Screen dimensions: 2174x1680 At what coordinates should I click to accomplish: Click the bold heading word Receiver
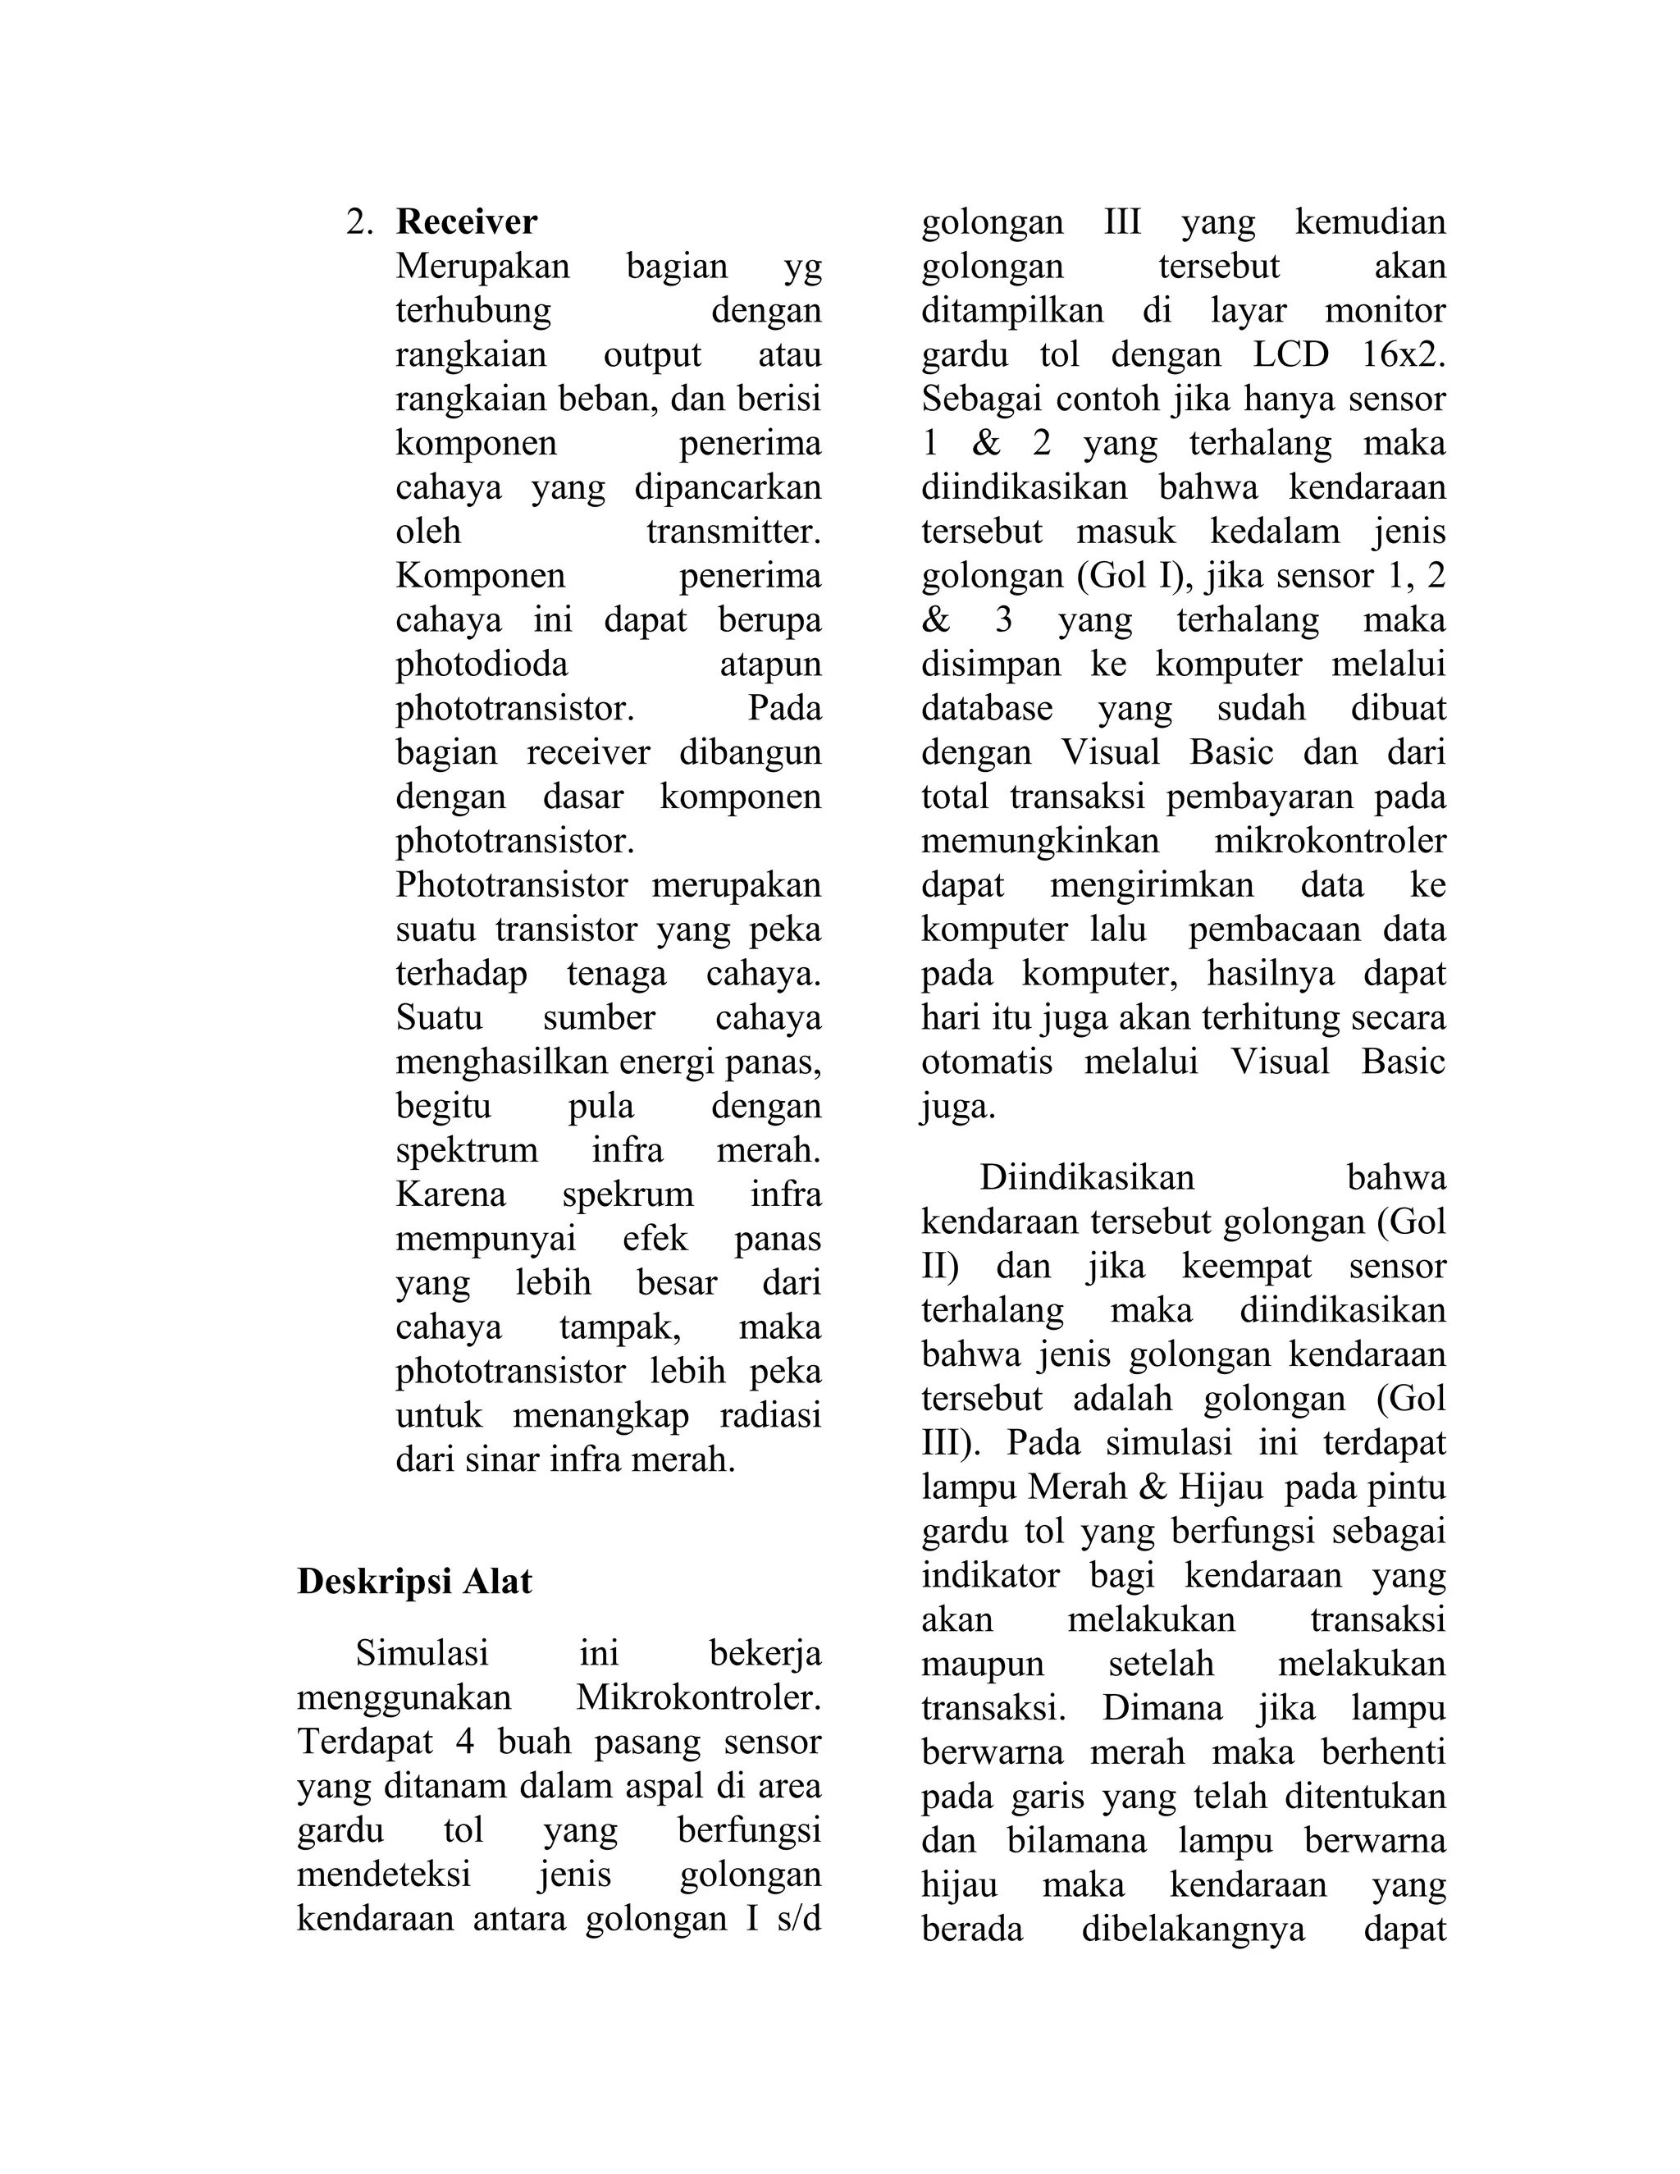466,222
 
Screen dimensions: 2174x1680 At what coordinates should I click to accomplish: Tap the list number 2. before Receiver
359,222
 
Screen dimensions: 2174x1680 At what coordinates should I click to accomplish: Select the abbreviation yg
801,267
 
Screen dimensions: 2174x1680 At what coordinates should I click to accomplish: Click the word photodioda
482,664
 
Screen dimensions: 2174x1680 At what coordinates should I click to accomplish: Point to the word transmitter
733,532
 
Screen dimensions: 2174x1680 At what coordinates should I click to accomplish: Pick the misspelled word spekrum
627,1194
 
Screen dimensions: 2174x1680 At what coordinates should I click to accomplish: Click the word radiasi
769,1414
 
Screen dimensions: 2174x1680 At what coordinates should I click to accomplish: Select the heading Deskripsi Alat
414,1582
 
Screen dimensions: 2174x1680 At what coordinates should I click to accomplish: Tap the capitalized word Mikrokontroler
699,1697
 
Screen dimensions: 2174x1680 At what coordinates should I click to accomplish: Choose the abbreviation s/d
797,1918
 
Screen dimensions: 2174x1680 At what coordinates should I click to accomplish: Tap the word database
986,709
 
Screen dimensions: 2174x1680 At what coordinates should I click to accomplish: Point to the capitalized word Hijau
1221,1487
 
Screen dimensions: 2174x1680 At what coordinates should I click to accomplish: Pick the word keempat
1247,1266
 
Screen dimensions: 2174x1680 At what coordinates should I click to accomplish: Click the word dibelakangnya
1192,1930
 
